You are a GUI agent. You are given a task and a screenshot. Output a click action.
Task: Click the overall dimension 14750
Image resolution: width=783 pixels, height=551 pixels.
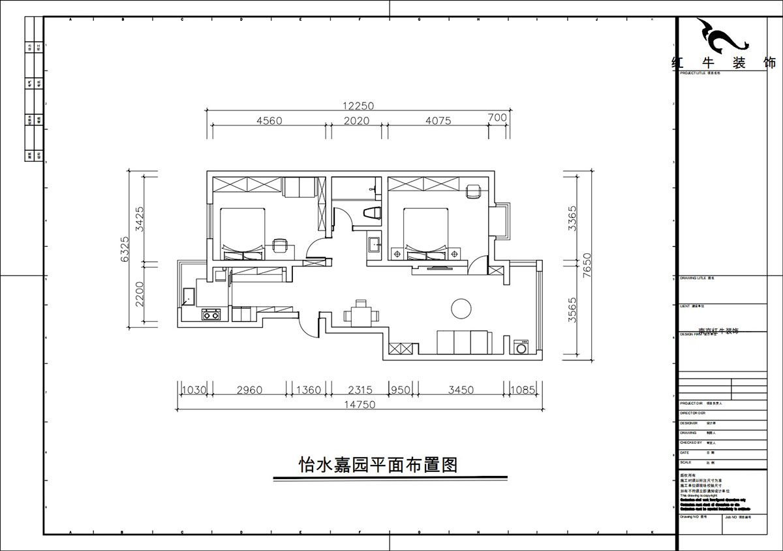(360, 405)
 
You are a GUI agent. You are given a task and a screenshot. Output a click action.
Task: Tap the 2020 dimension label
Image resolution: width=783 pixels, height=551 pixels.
(356, 121)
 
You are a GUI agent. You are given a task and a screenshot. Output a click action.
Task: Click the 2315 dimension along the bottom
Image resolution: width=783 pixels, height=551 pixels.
(360, 390)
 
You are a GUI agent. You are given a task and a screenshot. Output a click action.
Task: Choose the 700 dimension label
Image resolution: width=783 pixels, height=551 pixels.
(497, 118)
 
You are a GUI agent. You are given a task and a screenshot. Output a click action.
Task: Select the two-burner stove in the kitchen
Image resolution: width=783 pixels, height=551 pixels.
(211, 315)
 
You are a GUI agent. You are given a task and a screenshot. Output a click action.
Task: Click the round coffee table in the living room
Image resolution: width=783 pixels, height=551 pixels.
(461, 307)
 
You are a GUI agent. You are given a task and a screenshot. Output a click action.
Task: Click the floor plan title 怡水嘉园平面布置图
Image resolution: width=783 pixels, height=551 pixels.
(377, 465)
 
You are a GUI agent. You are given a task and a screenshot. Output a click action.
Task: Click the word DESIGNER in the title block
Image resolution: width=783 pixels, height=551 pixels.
(688, 423)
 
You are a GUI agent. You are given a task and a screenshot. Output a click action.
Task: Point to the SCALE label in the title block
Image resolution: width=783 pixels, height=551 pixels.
(686, 462)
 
